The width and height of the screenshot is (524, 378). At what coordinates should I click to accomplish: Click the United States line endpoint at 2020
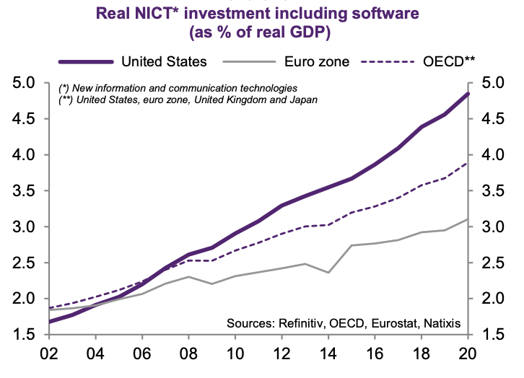point(468,94)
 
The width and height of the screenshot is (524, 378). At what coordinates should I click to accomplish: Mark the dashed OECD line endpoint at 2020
point(468,163)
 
